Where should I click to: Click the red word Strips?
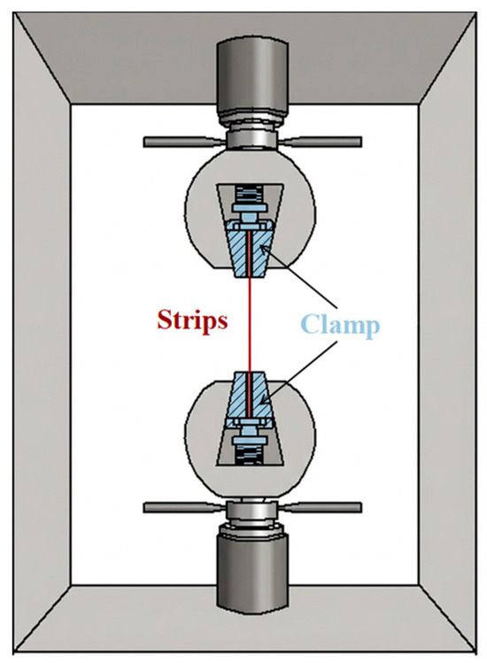click(x=192, y=320)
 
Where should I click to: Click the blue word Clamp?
click(x=340, y=326)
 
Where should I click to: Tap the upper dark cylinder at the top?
click(x=253, y=78)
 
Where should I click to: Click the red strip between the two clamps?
click(x=250, y=325)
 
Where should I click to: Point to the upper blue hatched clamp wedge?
click(x=250, y=253)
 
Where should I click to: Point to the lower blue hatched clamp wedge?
click(x=250, y=397)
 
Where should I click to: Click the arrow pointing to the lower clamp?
click(x=298, y=371)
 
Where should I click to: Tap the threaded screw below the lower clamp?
click(x=249, y=455)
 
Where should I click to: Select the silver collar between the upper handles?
click(x=253, y=139)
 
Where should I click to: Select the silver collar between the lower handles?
click(x=253, y=510)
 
